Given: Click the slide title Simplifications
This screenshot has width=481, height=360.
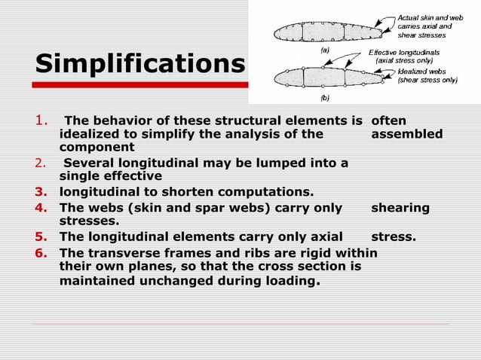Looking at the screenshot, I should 140,64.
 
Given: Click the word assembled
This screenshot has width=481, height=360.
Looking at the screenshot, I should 407,134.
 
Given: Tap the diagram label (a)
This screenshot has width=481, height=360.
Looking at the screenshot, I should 325,48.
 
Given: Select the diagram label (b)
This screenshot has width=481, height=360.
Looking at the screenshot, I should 325,97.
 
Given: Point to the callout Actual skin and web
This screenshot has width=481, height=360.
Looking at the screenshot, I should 430,17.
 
